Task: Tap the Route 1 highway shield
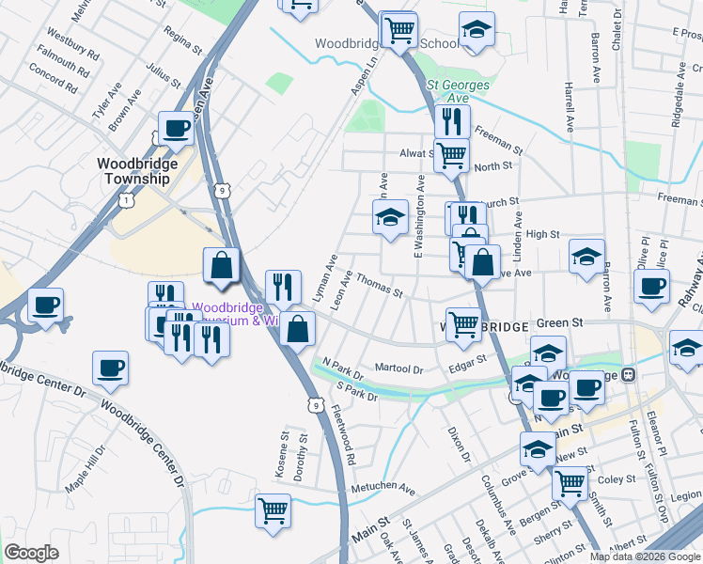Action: [x=127, y=200]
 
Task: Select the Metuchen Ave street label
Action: [x=383, y=490]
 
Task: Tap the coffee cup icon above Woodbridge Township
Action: [x=176, y=128]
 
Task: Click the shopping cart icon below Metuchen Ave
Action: [x=273, y=510]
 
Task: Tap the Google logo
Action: [x=32, y=553]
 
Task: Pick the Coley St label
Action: [x=617, y=478]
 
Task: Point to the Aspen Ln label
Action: [x=364, y=73]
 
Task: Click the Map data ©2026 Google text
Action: [x=643, y=556]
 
